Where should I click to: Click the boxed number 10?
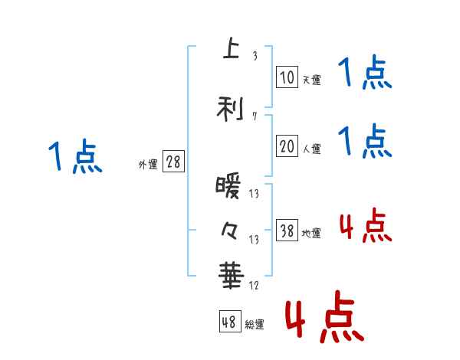pos(287,77)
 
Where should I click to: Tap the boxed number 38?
pos(287,231)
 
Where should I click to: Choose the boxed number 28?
pos(173,162)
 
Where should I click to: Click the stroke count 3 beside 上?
pos(255,56)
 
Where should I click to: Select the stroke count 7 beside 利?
pos(255,116)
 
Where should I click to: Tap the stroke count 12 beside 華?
pos(255,286)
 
